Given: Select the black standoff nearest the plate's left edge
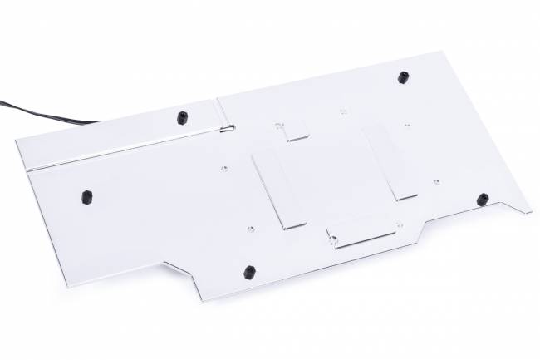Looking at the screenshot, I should pyautogui.click(x=86, y=197).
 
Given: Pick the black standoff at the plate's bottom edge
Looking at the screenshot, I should pyautogui.click(x=248, y=272).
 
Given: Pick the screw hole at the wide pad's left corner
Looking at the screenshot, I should pyautogui.click(x=333, y=241).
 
